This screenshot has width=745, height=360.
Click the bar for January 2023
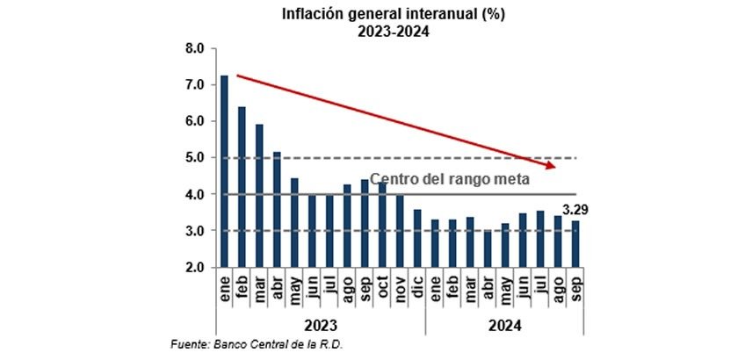[x=224, y=171]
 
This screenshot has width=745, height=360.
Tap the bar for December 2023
[x=417, y=238]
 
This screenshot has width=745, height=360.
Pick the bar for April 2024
[x=488, y=248]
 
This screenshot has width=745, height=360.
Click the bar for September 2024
[x=575, y=243]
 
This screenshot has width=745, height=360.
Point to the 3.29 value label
[x=575, y=211]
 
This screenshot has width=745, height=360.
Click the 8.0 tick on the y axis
[x=194, y=47]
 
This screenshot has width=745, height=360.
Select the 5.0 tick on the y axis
[x=194, y=158]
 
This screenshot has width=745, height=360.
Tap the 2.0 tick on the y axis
[x=194, y=267]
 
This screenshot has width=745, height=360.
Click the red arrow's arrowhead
[x=551, y=165]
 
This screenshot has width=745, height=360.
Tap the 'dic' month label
[x=417, y=284]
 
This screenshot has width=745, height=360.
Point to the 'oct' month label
[x=382, y=284]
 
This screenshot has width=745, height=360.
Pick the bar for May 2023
[x=294, y=223]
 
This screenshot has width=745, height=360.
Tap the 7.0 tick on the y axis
[x=194, y=84]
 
